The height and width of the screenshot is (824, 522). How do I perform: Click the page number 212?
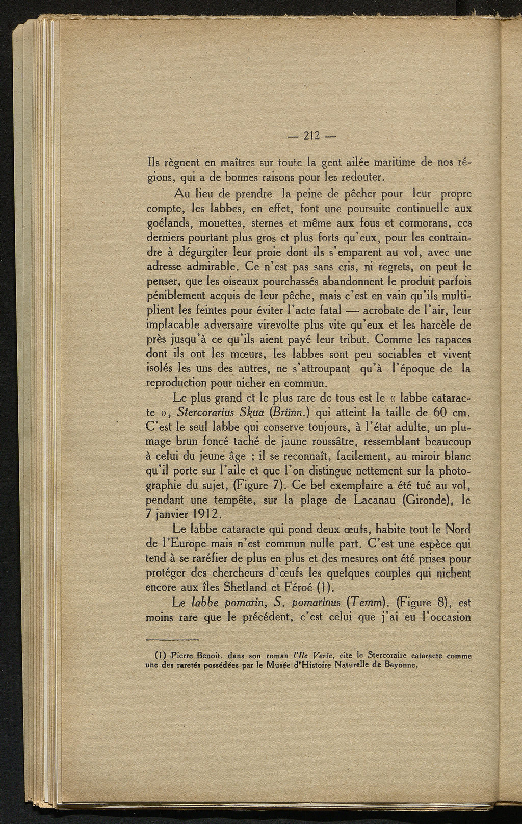311,136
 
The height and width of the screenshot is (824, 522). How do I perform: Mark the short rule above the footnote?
172,640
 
